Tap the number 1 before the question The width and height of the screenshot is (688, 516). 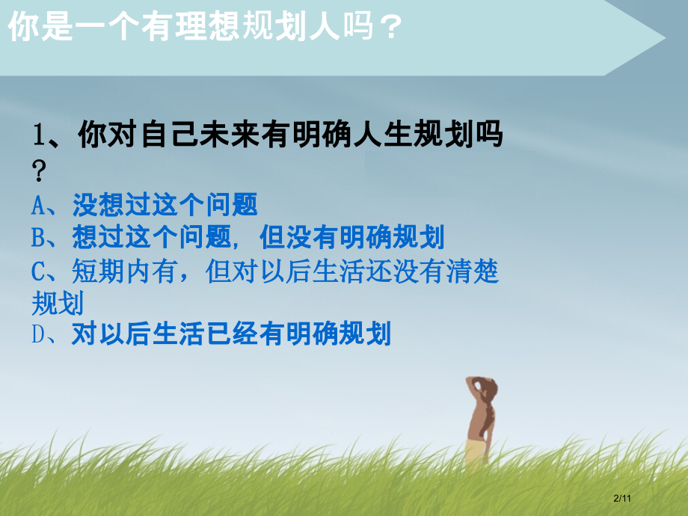[x=40, y=138]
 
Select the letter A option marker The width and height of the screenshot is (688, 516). [x=39, y=204]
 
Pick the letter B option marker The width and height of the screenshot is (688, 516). [x=39, y=238]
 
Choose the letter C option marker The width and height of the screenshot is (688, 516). [x=39, y=271]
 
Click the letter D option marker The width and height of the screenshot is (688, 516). [x=39, y=334]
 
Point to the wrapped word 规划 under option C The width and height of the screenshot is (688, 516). [x=57, y=304]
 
